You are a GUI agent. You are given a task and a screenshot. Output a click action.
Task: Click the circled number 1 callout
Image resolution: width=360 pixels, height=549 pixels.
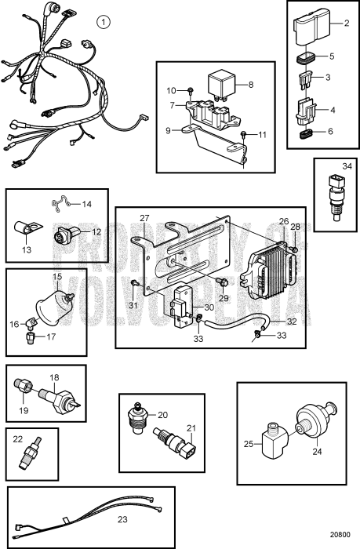click(x=104, y=20)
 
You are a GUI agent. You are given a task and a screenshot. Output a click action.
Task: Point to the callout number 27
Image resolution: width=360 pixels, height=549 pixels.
click(x=144, y=219)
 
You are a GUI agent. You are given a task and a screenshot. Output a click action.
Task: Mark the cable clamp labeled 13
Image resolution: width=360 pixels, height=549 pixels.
click(x=24, y=230)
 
